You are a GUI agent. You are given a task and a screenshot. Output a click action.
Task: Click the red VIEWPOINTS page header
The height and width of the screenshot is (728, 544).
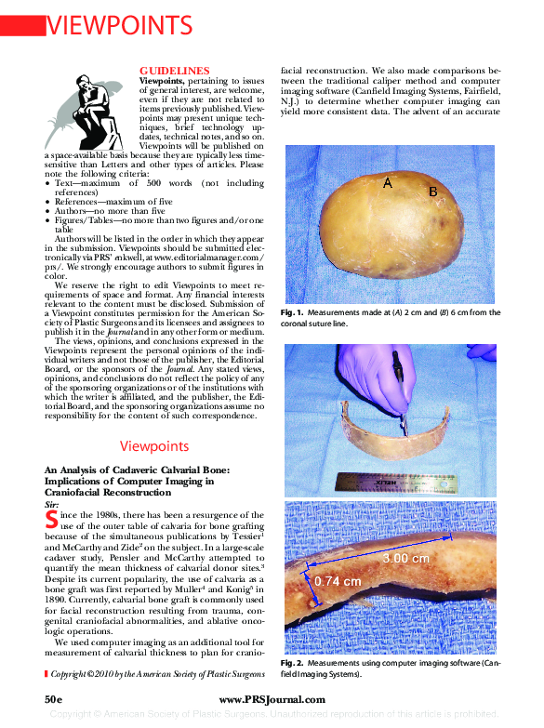tap(120, 24)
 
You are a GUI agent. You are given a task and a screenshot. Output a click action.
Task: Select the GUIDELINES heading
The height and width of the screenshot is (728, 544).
tap(174, 71)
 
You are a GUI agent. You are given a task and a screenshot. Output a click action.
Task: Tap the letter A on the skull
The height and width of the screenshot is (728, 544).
tap(388, 184)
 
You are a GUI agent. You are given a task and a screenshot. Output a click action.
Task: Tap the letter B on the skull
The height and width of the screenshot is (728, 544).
tap(432, 192)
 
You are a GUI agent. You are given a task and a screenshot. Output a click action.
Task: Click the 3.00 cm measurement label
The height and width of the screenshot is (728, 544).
tap(406, 558)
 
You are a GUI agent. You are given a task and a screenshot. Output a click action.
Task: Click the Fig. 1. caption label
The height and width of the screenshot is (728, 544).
tap(292, 313)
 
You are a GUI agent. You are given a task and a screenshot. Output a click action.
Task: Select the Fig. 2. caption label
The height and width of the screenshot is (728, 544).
tap(292, 664)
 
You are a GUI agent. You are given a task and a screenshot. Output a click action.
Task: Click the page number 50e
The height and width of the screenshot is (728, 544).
tap(53, 698)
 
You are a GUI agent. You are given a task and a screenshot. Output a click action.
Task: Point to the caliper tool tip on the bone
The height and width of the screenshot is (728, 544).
tap(403, 428)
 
